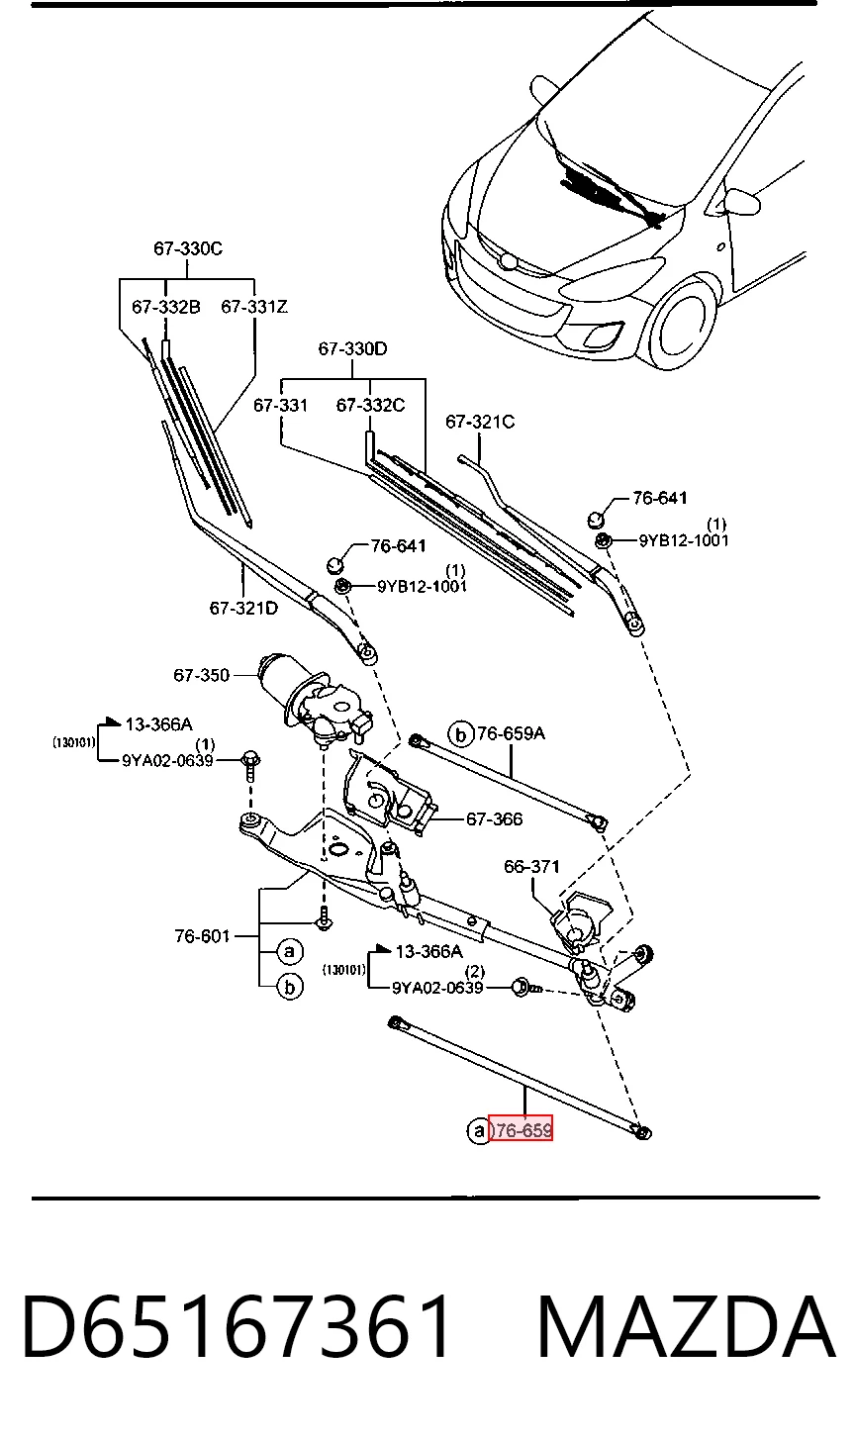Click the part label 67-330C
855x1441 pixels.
[x=188, y=248]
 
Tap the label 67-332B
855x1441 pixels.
[x=166, y=307]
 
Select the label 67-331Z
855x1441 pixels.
[x=254, y=307]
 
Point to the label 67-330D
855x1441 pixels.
[x=352, y=348]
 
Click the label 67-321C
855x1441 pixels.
[x=480, y=422]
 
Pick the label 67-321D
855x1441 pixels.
[x=243, y=608]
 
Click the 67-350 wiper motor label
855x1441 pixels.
[x=201, y=675]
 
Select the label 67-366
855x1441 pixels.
[x=494, y=818]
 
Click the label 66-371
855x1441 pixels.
[x=532, y=867]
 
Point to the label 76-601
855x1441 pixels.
[x=202, y=936]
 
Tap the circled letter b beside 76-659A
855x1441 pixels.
[x=460, y=733]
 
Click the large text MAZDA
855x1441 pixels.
[x=686, y=1326]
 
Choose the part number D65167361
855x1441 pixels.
[x=237, y=1326]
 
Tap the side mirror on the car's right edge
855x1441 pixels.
[x=742, y=201]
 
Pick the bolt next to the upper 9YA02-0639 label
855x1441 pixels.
[x=250, y=765]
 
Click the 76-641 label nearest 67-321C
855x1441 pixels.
[x=660, y=498]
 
